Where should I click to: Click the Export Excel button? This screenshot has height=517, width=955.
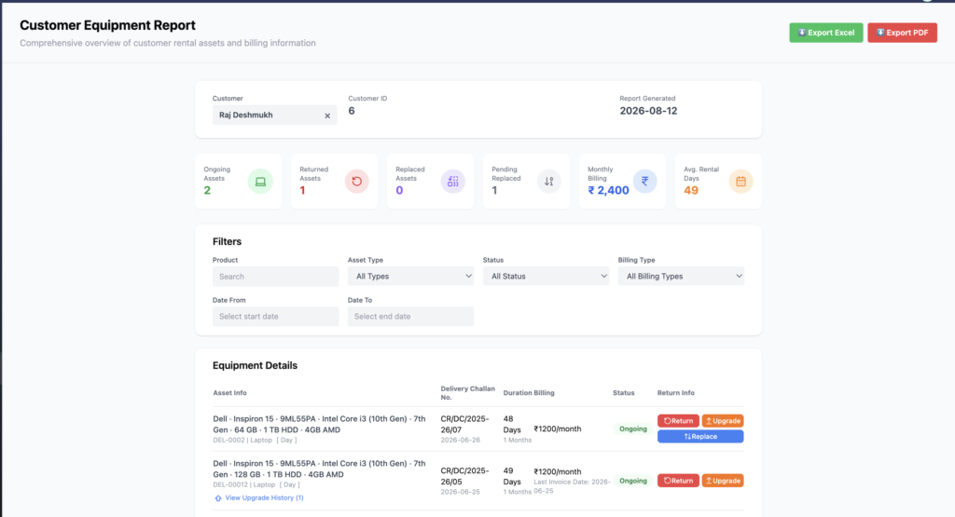pyautogui.click(x=826, y=33)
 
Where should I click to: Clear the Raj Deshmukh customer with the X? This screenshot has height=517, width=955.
pyautogui.click(x=327, y=116)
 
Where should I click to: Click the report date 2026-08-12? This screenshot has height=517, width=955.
pyautogui.click(x=648, y=111)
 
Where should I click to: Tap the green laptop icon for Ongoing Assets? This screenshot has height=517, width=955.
pyautogui.click(x=260, y=182)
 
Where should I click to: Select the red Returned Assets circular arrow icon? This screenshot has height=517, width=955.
pyautogui.click(x=357, y=182)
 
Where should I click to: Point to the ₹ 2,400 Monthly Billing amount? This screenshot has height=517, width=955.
pyautogui.click(x=608, y=190)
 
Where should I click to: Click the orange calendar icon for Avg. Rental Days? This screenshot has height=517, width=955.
pyautogui.click(x=740, y=182)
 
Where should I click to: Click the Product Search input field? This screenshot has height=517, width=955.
pyautogui.click(x=275, y=276)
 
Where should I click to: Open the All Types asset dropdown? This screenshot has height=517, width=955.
pyautogui.click(x=410, y=276)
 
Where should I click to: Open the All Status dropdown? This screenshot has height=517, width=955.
pyautogui.click(x=546, y=276)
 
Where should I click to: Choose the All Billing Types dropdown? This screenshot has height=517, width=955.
pyautogui.click(x=681, y=276)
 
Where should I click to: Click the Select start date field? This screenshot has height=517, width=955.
pyautogui.click(x=275, y=317)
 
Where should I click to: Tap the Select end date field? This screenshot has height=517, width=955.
pyautogui.click(x=410, y=317)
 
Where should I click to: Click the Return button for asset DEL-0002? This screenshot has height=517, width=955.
pyautogui.click(x=678, y=421)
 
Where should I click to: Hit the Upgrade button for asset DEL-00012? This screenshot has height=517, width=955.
pyautogui.click(x=723, y=481)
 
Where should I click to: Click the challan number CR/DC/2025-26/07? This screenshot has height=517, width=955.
pyautogui.click(x=464, y=424)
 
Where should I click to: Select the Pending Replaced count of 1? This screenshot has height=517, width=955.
pyautogui.click(x=494, y=190)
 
